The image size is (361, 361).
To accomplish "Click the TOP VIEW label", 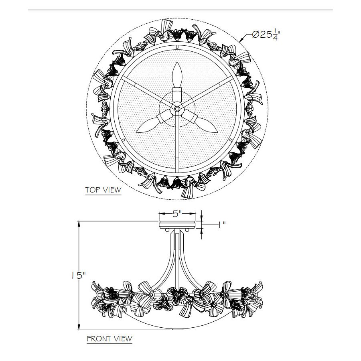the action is point(103,190).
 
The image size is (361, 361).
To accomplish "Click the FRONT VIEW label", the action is point(110,339).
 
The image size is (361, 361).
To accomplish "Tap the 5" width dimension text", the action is point(177,214).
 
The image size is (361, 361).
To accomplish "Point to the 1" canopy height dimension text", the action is point(222,225).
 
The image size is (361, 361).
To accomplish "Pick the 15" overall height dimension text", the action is point(79,275).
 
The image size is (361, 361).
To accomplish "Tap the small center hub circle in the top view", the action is point(177,109).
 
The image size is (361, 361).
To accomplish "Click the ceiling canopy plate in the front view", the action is point(177,225).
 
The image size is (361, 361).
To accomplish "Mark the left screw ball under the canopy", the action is point(167,230).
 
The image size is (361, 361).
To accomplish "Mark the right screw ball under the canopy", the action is point(187,230).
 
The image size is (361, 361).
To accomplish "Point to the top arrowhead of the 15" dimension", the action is point(79,224).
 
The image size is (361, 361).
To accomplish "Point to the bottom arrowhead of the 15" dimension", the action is point(79,327).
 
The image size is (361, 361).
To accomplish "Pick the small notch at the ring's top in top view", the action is point(177,47).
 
